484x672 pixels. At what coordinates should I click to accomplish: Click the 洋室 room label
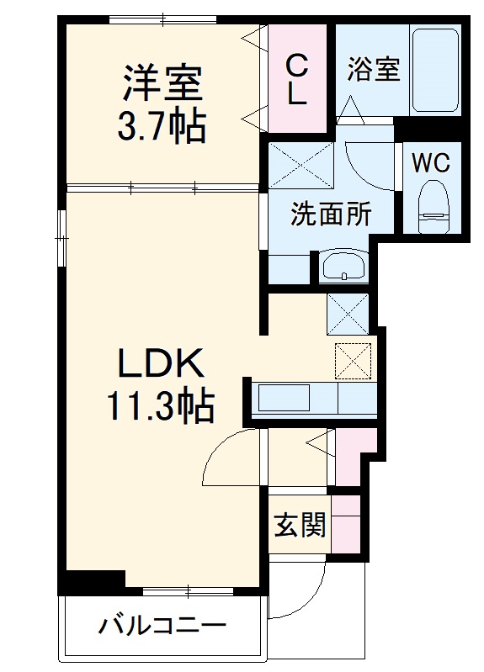click(162, 85)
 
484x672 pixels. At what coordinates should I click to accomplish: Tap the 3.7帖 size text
click(162, 127)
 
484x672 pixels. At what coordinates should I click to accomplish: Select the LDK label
click(160, 364)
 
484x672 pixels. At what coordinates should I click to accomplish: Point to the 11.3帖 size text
click(159, 407)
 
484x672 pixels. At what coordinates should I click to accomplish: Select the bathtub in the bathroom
click(435, 71)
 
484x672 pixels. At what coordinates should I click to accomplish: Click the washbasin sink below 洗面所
click(343, 266)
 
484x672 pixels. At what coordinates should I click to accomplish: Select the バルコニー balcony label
click(162, 627)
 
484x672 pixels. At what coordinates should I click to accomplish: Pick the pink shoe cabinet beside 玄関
click(346, 523)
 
